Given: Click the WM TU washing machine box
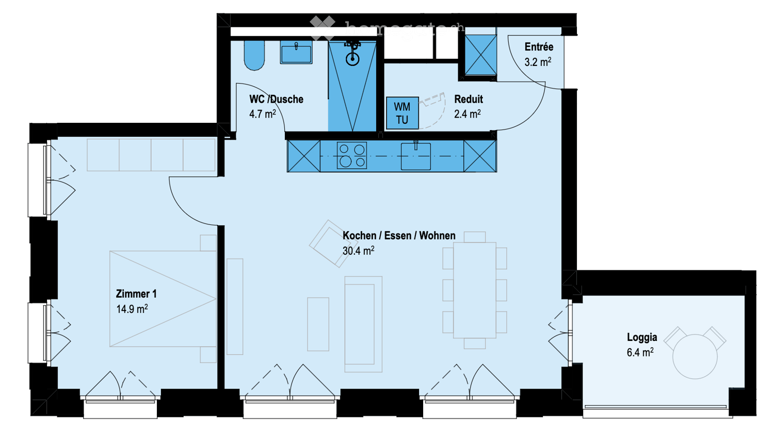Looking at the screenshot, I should pyautogui.click(x=402, y=113).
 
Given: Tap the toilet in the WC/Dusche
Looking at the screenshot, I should pyautogui.click(x=254, y=55).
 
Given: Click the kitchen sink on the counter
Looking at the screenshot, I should pyautogui.click(x=416, y=157).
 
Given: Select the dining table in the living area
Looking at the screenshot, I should pyautogui.click(x=475, y=290).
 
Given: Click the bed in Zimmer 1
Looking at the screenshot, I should pyautogui.click(x=163, y=299).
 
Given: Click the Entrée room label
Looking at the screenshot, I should pyautogui.click(x=539, y=47).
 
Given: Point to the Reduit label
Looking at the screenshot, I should pyautogui.click(x=469, y=99).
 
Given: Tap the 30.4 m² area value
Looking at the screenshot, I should pyautogui.click(x=358, y=251).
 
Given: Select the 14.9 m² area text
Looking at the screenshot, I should pyautogui.click(x=132, y=309).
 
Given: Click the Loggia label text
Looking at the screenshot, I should pyautogui.click(x=642, y=337).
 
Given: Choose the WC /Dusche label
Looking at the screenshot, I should pyautogui.click(x=276, y=99).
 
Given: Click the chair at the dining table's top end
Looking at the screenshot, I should pyautogui.click(x=475, y=237).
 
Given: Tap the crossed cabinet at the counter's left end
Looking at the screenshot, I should pyautogui.click(x=304, y=156).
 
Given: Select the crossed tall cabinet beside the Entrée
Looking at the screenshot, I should pyautogui.click(x=480, y=55).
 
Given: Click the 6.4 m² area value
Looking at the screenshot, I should pyautogui.click(x=640, y=353).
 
